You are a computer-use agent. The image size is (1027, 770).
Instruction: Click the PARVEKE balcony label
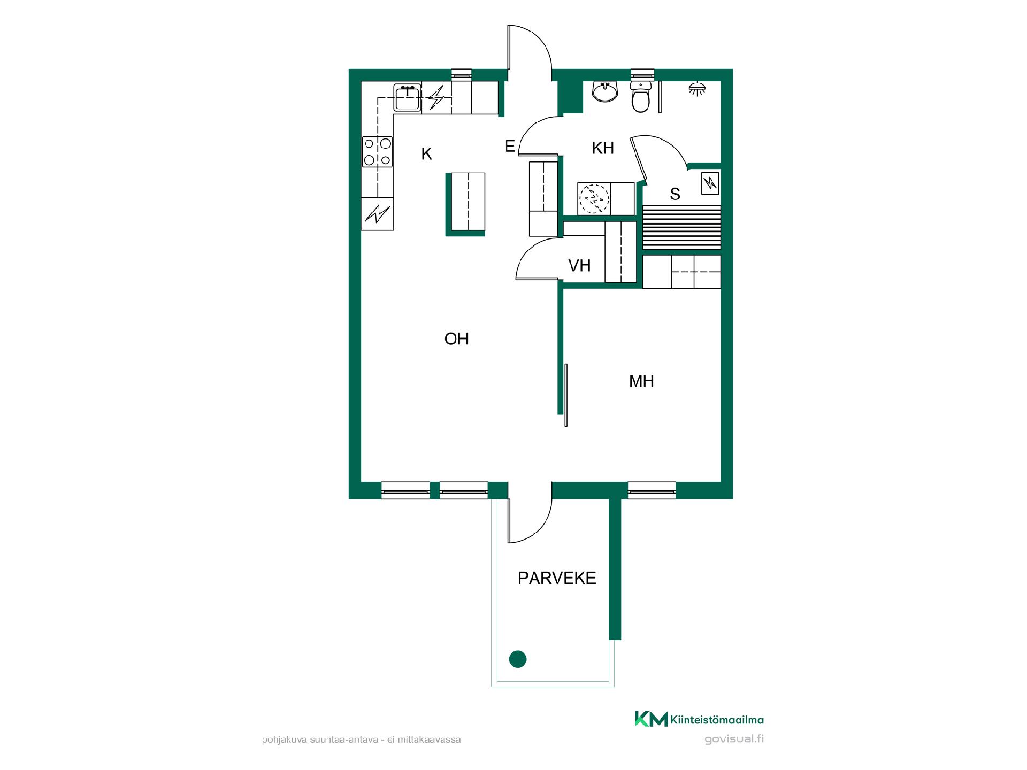pos(557,578)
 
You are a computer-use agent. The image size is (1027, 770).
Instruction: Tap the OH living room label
pos(456,338)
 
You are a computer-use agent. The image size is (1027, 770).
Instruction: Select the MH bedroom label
pos(641,381)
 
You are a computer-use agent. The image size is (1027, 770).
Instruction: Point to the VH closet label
pos(579,265)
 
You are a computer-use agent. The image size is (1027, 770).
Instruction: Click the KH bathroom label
pos(603,148)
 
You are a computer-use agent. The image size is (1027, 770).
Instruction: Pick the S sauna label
pos(675,194)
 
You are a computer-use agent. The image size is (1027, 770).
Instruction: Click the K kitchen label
pos(426,154)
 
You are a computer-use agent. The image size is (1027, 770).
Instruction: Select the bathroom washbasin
pos(605,91)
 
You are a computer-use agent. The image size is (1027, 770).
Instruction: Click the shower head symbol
pos(697,89)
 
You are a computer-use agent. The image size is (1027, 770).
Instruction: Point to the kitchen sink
pos(408,97)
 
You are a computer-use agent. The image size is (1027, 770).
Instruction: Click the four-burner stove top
pos(377,152)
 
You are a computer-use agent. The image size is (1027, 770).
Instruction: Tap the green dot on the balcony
pos(518,659)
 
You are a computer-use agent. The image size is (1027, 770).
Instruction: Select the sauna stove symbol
pos(710,183)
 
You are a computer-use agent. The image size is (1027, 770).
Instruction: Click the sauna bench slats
pos(681,227)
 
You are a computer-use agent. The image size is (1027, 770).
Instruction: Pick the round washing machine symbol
pos(594,198)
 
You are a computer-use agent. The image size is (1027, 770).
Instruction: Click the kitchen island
pos(466,204)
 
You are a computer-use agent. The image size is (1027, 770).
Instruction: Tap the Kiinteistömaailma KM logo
pos(699,719)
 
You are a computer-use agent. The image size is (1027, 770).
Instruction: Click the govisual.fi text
pos(734,739)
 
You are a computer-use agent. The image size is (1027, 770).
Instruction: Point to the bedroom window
pos(652,490)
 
